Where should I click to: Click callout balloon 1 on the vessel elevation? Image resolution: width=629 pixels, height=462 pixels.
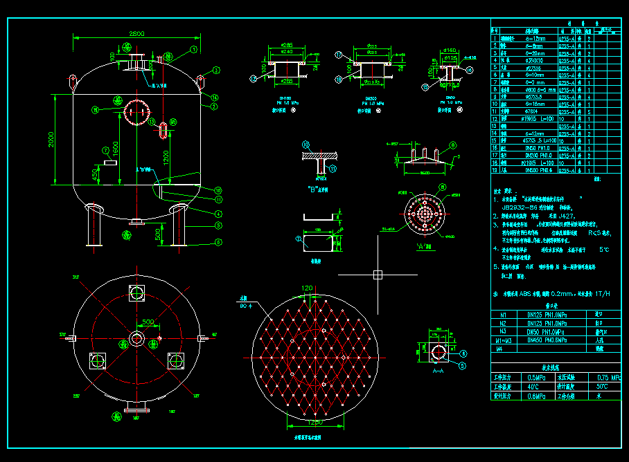pos(195,50)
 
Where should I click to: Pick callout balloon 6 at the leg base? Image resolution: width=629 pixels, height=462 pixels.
pos(218,242)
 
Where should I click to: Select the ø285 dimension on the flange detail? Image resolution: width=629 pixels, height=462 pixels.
pos(286,44)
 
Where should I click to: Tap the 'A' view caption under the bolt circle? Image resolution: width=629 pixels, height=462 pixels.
pos(423,245)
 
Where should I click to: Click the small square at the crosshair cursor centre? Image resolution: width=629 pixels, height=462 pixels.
pos(378,275)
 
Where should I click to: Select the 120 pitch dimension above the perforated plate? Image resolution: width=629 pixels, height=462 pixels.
pos(306,287)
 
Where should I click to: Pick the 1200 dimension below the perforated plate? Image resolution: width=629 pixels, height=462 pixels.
pos(315,421)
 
